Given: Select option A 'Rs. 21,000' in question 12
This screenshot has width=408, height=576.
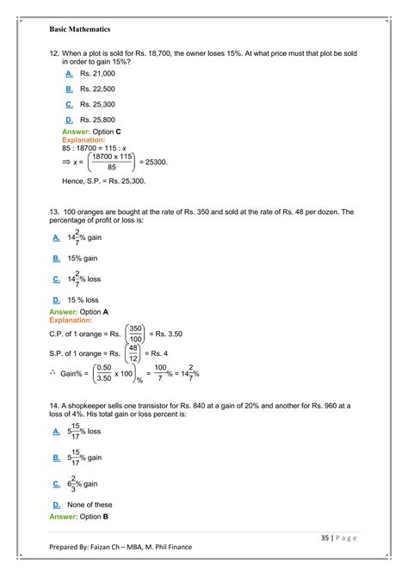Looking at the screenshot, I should (96, 74).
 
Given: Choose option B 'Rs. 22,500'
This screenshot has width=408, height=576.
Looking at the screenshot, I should (96, 89).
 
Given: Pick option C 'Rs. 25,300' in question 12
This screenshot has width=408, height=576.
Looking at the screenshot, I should (96, 104).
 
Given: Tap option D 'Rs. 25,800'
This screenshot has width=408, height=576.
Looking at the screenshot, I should (96, 119).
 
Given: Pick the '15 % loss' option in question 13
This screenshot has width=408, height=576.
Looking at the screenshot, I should (85, 300).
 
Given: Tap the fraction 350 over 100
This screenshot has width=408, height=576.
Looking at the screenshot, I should (135, 333).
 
